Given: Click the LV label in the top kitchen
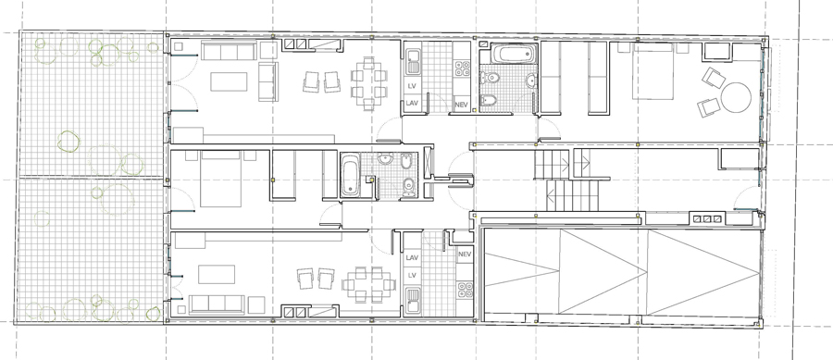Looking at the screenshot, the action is click(x=412, y=86).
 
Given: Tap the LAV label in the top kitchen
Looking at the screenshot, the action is click(x=412, y=104).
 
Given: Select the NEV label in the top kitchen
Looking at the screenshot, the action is click(x=462, y=106).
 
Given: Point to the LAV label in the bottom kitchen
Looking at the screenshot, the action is click(x=412, y=257).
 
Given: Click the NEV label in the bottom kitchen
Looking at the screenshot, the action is click(x=465, y=254).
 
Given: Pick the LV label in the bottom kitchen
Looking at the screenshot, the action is click(x=412, y=276).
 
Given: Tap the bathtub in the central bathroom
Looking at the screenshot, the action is click(x=350, y=175).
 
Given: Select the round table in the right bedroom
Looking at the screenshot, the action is click(x=737, y=97).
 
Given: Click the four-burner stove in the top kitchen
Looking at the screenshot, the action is click(x=462, y=68).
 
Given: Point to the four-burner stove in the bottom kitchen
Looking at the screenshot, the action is click(x=466, y=290).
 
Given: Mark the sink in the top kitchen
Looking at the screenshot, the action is click(x=414, y=62).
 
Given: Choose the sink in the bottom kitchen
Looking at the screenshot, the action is click(x=413, y=299).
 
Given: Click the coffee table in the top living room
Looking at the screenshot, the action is click(x=229, y=81).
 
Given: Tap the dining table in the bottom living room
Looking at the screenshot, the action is click(x=369, y=284).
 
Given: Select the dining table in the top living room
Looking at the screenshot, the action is click(x=369, y=83).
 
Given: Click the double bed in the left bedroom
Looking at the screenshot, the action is click(x=221, y=179).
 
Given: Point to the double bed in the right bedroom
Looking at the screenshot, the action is click(x=653, y=71).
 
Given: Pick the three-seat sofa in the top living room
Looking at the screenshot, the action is click(x=229, y=51).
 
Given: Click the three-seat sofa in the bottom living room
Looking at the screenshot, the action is click(x=217, y=304).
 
